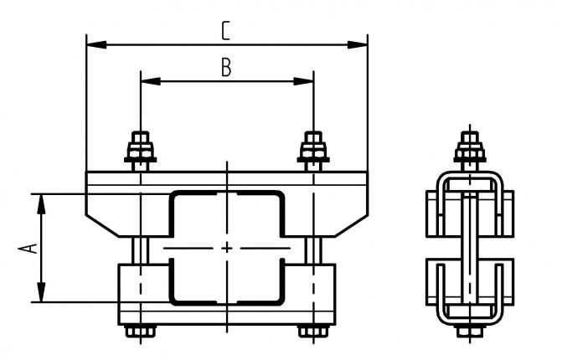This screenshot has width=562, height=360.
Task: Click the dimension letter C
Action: (x=226, y=31)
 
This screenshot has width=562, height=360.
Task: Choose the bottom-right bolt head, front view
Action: (x=312, y=332)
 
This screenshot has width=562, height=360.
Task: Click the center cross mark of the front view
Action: (x=228, y=249)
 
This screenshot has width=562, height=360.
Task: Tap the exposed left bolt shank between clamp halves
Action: (x=141, y=249)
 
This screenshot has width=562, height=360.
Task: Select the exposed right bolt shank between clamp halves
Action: (x=313, y=249)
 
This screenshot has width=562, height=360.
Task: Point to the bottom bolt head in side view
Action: (x=471, y=332)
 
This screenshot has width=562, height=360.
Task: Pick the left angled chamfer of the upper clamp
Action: (x=99, y=223)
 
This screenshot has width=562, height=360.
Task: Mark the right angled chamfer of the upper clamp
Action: (x=353, y=223)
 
